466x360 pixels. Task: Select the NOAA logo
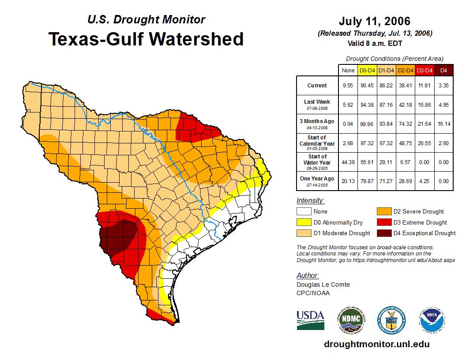click(x=432, y=320)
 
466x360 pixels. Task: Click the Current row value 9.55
click(x=348, y=86)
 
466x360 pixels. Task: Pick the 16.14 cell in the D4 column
click(x=443, y=124)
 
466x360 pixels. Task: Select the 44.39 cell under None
click(x=348, y=162)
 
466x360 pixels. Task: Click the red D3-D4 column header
click(x=424, y=70)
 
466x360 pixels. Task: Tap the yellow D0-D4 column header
click(x=367, y=70)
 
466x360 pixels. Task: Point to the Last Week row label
click(x=317, y=105)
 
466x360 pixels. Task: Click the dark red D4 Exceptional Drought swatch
click(x=383, y=233)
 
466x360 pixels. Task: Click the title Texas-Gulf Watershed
click(x=146, y=39)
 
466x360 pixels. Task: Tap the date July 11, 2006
click(x=375, y=21)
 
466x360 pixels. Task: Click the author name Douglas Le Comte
click(x=323, y=285)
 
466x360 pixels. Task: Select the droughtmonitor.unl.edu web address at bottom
click(x=376, y=344)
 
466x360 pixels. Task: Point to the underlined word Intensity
click(x=310, y=201)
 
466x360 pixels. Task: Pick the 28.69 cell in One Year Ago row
click(x=405, y=181)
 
